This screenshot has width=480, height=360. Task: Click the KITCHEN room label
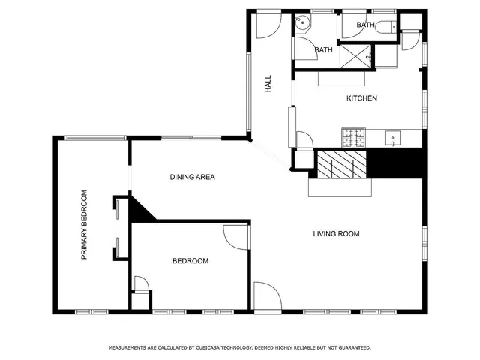(361, 98)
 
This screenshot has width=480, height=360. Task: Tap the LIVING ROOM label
(336, 234)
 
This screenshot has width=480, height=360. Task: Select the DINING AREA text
(193, 178)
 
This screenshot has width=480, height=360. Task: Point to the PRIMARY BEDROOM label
(85, 225)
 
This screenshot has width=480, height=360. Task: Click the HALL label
(268, 85)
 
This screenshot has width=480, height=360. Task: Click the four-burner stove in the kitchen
(353, 137)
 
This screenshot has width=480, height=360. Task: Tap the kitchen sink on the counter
(394, 138)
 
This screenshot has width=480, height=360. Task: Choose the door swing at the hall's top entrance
(265, 25)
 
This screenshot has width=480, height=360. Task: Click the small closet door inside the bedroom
(140, 284)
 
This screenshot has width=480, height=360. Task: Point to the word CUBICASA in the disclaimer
(214, 348)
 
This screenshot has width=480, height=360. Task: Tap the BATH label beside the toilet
(365, 25)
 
